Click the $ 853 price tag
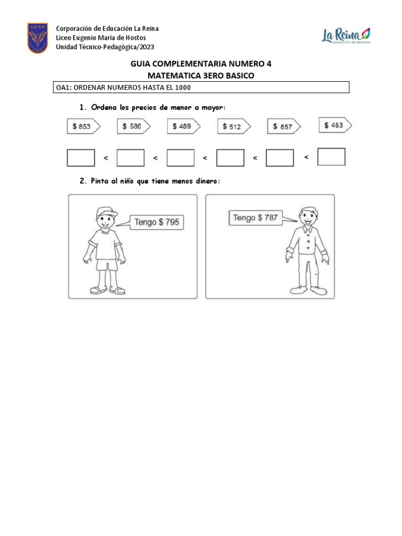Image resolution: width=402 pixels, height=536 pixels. (83, 127)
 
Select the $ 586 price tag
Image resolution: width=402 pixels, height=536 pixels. (133, 127)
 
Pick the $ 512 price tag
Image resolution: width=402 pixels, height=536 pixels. (233, 127)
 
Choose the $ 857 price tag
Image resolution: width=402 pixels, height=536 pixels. (284, 127)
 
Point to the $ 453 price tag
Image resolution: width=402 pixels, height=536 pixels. (335, 126)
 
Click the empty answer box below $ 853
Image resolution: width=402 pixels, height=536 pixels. (81, 158)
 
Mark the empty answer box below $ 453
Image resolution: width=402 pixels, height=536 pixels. (331, 157)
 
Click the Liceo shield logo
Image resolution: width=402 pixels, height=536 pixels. (38, 38)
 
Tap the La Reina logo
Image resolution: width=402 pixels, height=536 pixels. (345, 36)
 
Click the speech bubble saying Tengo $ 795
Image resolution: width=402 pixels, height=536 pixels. (157, 222)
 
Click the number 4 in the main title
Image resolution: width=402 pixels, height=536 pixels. (269, 64)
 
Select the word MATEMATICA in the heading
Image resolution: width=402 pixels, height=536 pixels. (173, 76)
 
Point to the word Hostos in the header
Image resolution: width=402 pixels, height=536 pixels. (135, 38)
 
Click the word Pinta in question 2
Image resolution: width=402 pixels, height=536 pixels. (102, 181)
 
